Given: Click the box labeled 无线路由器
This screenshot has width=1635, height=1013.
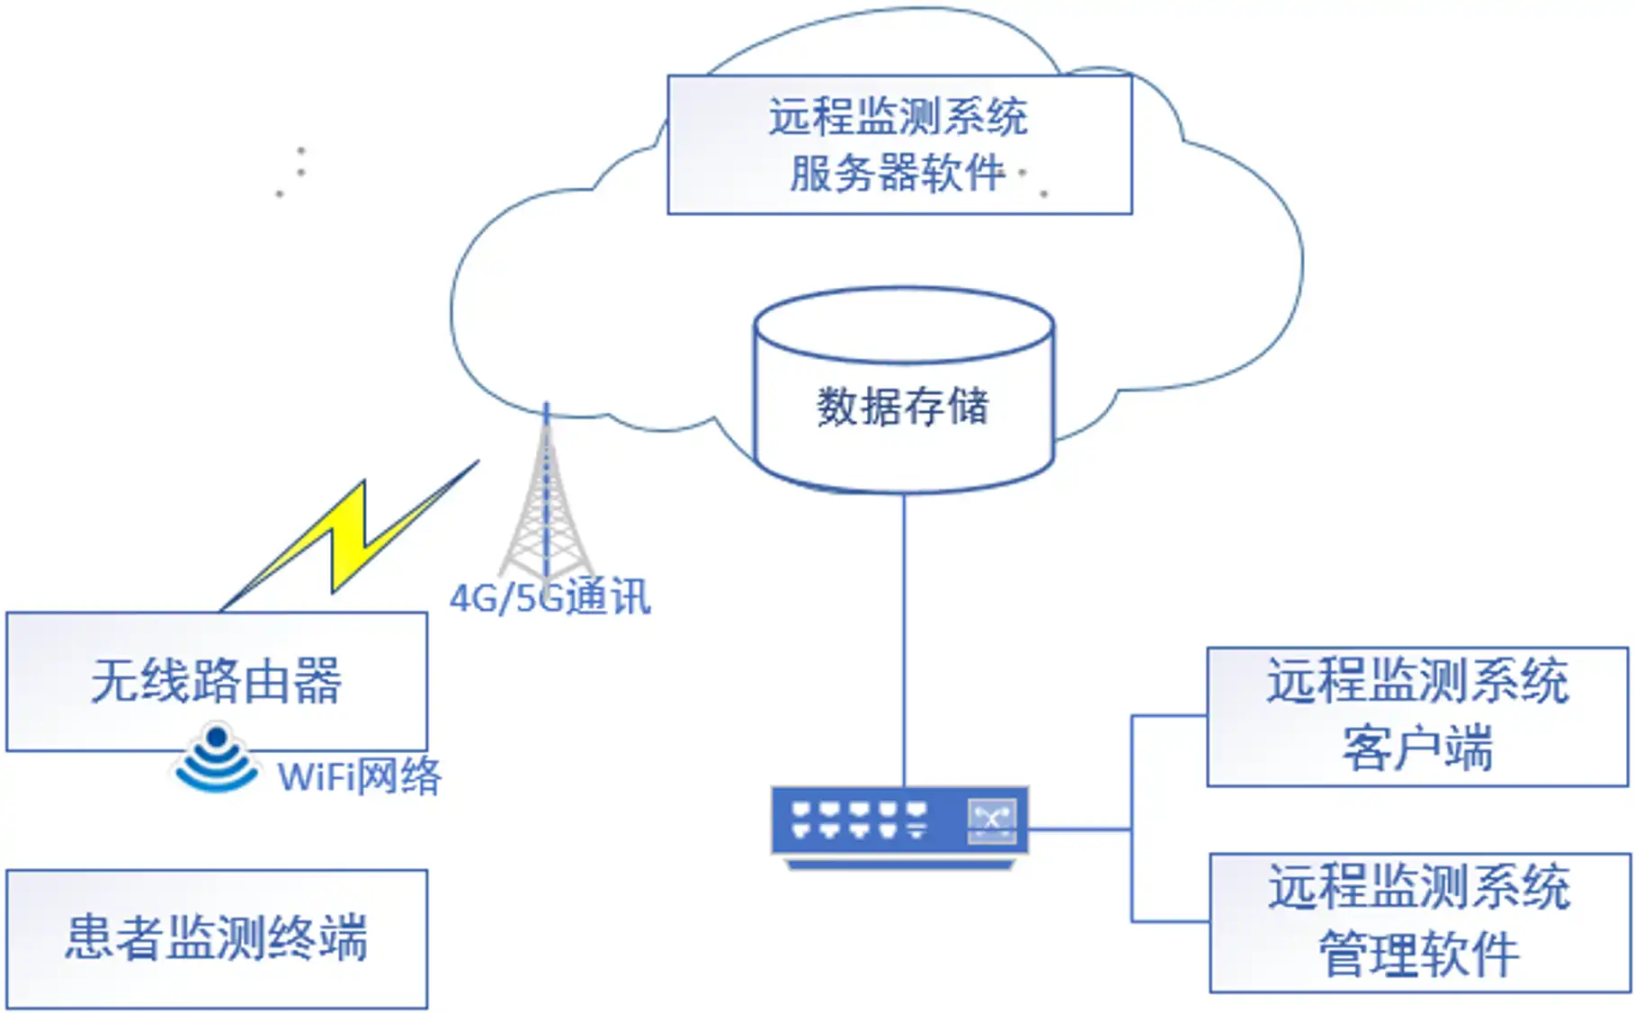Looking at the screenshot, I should click(x=216, y=681).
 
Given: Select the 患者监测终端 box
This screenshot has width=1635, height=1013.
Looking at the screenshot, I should click(x=216, y=938).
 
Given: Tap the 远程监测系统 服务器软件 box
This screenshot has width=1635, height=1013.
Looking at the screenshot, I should click(x=899, y=144).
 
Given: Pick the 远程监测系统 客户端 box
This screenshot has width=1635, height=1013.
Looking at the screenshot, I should click(x=1417, y=716).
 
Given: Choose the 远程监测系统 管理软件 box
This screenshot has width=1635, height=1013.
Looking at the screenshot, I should click(x=1419, y=922).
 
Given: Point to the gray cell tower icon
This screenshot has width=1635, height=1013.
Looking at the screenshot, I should click(x=545, y=513).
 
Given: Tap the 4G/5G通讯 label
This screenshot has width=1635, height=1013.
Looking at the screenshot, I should click(x=549, y=597).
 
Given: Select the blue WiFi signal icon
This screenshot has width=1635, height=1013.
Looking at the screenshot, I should click(x=216, y=760).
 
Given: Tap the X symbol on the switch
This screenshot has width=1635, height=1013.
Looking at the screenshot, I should click(x=992, y=820).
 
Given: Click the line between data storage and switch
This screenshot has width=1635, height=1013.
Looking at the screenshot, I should click(x=904, y=639).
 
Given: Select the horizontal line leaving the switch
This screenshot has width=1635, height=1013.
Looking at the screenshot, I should click(x=1079, y=829).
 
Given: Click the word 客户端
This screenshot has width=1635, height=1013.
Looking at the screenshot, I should click(x=1417, y=749).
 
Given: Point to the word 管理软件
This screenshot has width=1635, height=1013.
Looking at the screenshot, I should click(x=1419, y=955).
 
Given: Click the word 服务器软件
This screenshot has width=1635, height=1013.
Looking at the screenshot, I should click(x=898, y=173).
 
